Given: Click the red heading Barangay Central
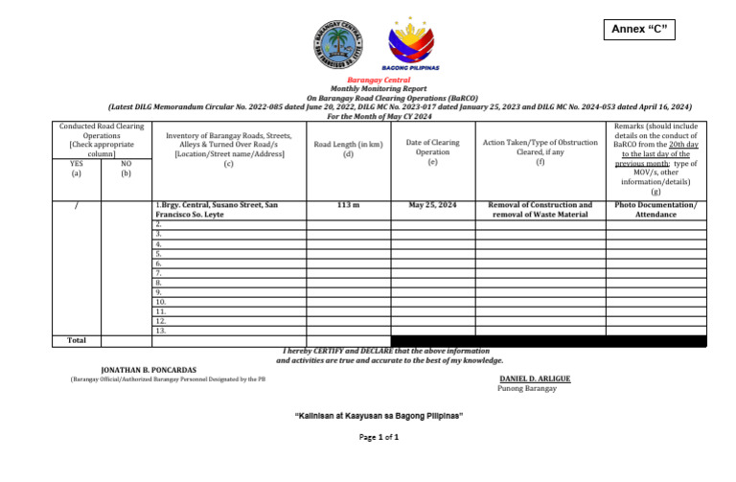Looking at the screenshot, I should click(378, 80).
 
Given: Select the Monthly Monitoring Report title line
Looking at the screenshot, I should click(378, 88).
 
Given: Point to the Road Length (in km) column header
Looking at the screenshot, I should click(348, 149).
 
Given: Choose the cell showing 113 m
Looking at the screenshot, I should click(348, 205).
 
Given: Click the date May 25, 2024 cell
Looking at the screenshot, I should click(432, 205).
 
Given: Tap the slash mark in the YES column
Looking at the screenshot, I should click(76, 206).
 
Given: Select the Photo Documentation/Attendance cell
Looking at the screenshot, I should click(655, 210).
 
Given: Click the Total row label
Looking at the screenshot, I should click(77, 340).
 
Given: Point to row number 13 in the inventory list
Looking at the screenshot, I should click(160, 331).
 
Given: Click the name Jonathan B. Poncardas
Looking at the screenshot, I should click(149, 369).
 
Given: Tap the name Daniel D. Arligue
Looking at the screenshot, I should click(535, 379).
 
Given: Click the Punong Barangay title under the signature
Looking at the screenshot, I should click(526, 388).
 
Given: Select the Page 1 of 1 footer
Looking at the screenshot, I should click(379, 437).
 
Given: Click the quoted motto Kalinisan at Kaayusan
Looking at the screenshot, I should click(378, 415).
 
